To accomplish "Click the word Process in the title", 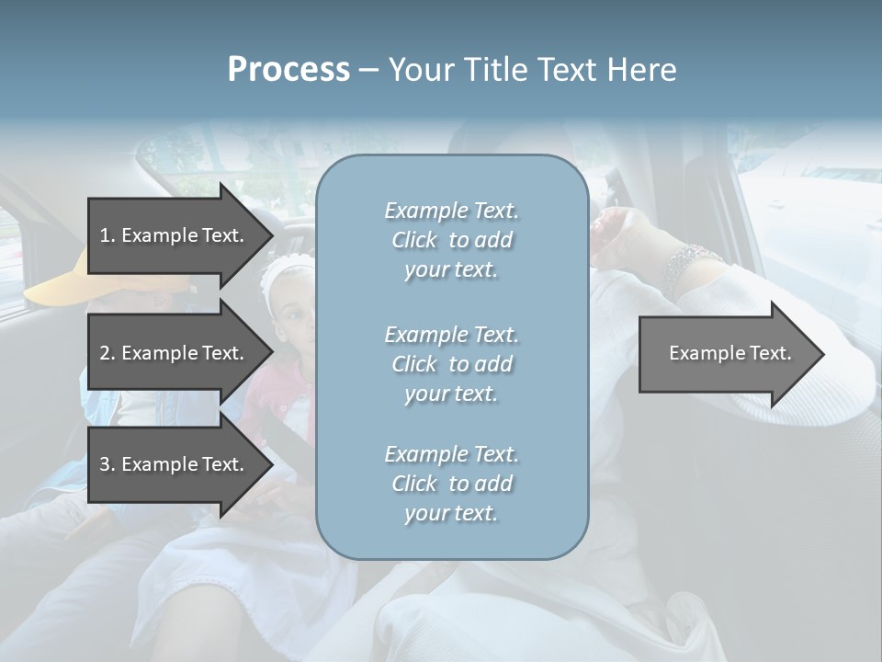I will [x=288, y=70].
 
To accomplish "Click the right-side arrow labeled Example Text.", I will [x=726, y=354].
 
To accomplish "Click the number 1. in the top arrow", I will [x=107, y=235].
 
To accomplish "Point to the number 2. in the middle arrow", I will [x=107, y=353].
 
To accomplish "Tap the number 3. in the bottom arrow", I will [x=107, y=464].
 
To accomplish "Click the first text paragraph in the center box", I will [x=451, y=240].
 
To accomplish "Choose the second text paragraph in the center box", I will [x=451, y=364].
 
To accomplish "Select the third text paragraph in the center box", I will [x=451, y=484].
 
